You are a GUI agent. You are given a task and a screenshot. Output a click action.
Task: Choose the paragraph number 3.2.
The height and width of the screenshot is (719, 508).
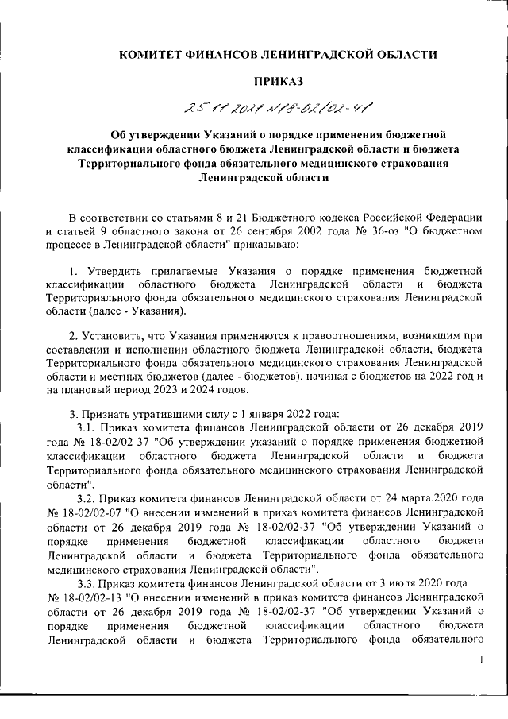click(86, 497)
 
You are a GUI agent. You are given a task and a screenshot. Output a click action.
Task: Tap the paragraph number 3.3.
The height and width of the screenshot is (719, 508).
click(86, 582)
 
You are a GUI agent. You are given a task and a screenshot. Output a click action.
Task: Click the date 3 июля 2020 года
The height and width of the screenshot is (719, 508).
click(412, 582)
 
